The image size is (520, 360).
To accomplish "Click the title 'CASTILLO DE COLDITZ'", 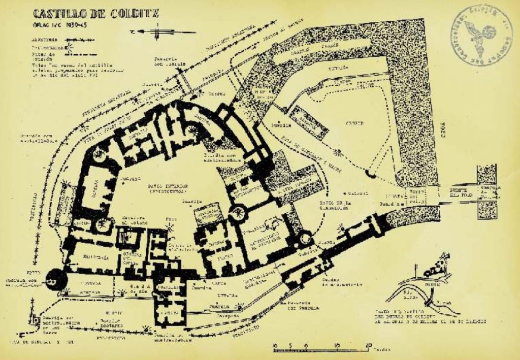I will [x=95, y=14].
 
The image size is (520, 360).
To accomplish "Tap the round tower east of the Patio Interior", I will [x=237, y=213].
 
